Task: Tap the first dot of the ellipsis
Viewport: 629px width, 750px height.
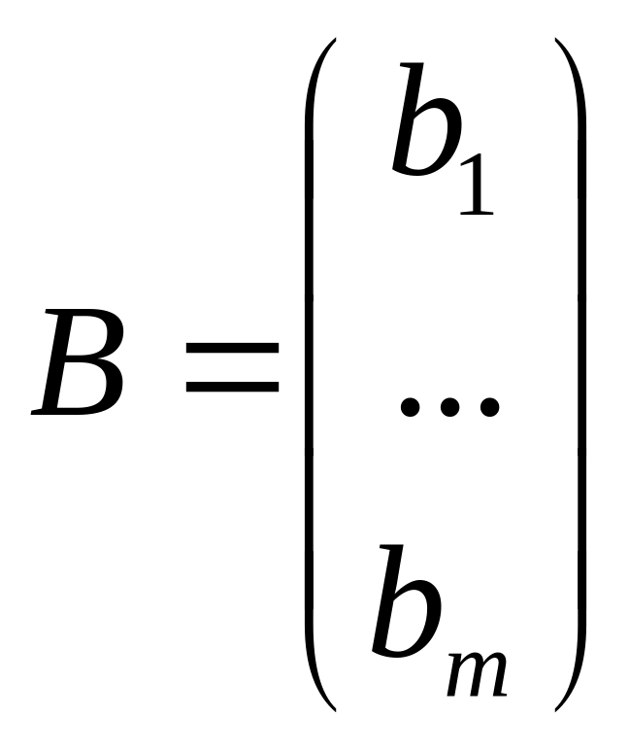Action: (411, 407)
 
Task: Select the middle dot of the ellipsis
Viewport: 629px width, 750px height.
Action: (449, 407)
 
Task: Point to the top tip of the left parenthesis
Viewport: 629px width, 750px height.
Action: (334, 41)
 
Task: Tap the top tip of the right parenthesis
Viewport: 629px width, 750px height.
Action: (556, 41)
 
